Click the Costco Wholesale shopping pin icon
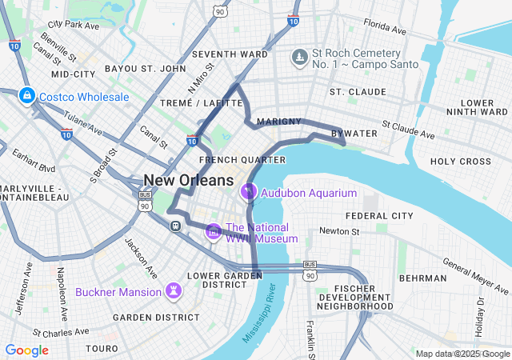click(x=26, y=97)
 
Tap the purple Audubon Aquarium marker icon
click(x=248, y=193)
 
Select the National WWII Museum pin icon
click(x=214, y=232)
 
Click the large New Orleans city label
click(x=189, y=180)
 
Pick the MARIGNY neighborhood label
click(x=280, y=122)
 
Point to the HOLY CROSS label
click(x=460, y=161)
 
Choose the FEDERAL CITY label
click(x=379, y=216)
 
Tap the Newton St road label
click(x=340, y=231)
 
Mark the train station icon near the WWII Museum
click(x=174, y=226)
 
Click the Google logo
click(x=27, y=350)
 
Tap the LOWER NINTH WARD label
click(x=478, y=108)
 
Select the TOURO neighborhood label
click(x=102, y=349)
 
